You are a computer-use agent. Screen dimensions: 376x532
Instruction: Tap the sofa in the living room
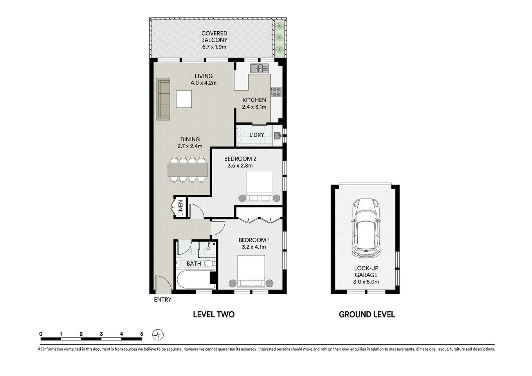tap(163, 99)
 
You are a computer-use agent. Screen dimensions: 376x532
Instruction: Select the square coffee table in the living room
tap(184, 99)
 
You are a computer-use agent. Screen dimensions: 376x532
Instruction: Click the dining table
tap(188, 170)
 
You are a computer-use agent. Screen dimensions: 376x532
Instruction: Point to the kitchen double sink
tap(260, 68)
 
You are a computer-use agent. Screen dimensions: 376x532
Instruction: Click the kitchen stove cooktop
tap(276, 92)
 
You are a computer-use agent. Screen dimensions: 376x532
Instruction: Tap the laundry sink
tap(277, 135)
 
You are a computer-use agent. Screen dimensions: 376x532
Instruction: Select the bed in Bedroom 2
tap(259, 187)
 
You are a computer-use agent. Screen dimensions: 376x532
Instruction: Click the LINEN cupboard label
tap(181, 208)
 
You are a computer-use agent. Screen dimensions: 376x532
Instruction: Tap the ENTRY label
tap(162, 299)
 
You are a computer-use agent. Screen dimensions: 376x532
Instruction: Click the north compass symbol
tap(158, 335)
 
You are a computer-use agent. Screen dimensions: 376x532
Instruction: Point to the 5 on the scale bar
tap(141, 334)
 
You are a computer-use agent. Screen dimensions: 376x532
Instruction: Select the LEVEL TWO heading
tap(214, 314)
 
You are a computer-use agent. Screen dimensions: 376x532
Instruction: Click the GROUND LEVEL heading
tap(367, 314)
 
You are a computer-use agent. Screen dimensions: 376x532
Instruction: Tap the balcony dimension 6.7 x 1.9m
tap(214, 47)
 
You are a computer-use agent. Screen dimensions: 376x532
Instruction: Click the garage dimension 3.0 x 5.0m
tap(366, 282)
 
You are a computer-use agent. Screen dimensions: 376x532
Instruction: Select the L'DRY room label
tap(257, 135)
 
